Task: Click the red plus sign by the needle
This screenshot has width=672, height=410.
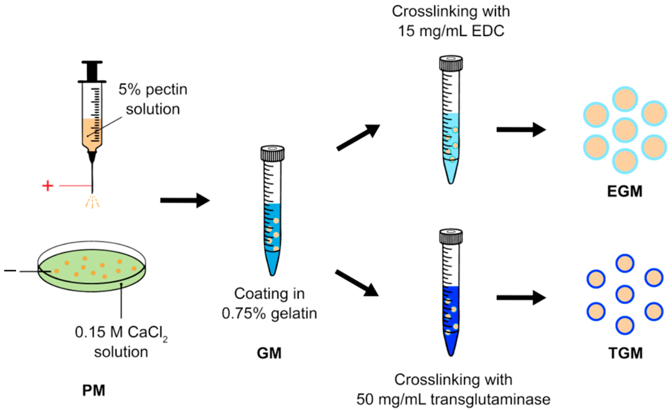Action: click(x=48, y=186)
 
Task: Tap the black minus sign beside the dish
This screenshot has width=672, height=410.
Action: click(x=10, y=271)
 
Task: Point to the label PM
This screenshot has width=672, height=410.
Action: click(x=93, y=390)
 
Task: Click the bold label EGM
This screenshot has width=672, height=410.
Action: click(x=625, y=191)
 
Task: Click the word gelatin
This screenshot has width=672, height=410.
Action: click(x=294, y=313)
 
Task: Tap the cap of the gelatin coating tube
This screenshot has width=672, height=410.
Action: click(x=272, y=153)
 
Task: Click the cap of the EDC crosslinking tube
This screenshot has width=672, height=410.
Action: click(x=451, y=63)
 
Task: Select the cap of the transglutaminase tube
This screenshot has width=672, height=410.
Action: click(x=451, y=236)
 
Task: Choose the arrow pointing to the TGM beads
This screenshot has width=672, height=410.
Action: click(x=521, y=297)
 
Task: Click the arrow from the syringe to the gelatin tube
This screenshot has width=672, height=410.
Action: click(x=185, y=200)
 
